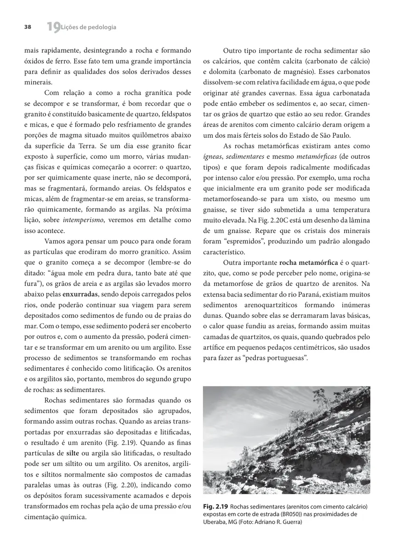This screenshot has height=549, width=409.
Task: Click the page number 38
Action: (x=28, y=27)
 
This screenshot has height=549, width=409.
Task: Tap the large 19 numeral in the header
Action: (x=53, y=28)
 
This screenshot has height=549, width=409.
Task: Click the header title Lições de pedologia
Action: (x=89, y=27)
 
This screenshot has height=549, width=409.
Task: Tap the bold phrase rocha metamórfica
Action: (x=308, y=263)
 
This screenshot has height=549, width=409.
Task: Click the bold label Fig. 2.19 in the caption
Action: (x=215, y=506)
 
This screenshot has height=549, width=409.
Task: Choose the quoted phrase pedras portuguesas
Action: (x=280, y=357)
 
